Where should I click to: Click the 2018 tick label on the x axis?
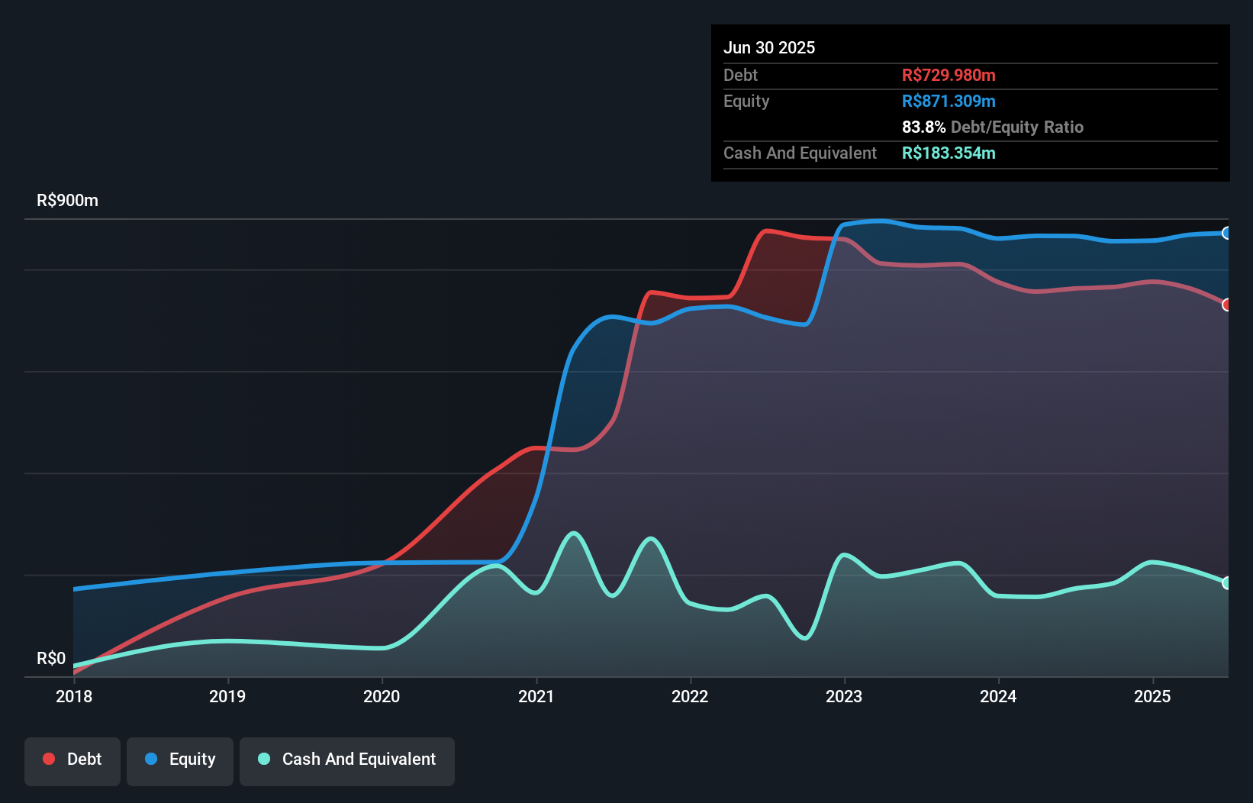pyautogui.click(x=74, y=696)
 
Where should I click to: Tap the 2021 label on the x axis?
pyautogui.click(x=536, y=696)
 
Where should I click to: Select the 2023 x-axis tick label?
pyautogui.click(x=844, y=696)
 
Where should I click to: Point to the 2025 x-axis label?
pyautogui.click(x=1152, y=696)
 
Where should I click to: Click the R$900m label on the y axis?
pyautogui.click(x=67, y=201)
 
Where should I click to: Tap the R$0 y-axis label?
pyautogui.click(x=51, y=658)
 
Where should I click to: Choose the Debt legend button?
pyautogui.click(x=72, y=759)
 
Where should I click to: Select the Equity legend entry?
pyautogui.click(x=180, y=759)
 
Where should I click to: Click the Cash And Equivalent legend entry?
pyautogui.click(x=347, y=759)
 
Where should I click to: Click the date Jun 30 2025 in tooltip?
pyautogui.click(x=769, y=47)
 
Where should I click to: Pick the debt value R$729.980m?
pyautogui.click(x=949, y=75)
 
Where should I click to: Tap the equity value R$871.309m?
pyautogui.click(x=949, y=101)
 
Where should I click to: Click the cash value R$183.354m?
pyautogui.click(x=949, y=153)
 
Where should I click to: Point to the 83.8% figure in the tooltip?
pyautogui.click(x=923, y=127)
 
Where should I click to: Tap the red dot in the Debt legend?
pyautogui.click(x=49, y=759)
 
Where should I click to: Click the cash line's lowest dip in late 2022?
pyautogui.click(x=805, y=637)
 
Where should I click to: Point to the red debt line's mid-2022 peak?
pyautogui.click(x=766, y=231)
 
